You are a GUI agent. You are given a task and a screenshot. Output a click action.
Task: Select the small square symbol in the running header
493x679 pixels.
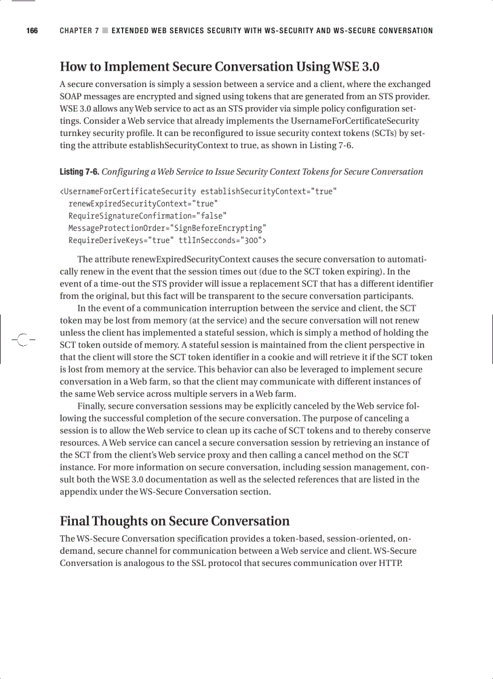click(105, 31)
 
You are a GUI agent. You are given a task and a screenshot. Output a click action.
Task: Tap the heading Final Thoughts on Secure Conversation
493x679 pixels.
click(175, 521)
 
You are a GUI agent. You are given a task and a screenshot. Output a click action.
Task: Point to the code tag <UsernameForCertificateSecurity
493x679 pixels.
click(127, 192)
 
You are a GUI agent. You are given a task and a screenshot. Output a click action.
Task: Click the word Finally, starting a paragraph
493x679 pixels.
click(93, 406)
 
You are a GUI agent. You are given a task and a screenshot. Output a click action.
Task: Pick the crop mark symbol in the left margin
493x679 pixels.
click(22, 339)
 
